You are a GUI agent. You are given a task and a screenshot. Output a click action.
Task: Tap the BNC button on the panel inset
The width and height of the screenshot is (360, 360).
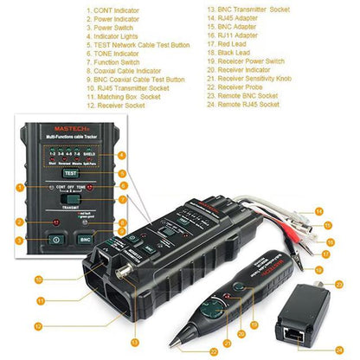84,238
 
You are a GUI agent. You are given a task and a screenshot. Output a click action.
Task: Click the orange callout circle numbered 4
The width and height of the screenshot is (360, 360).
122,155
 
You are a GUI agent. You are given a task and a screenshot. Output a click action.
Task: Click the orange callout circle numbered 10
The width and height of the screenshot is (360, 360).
40,279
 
